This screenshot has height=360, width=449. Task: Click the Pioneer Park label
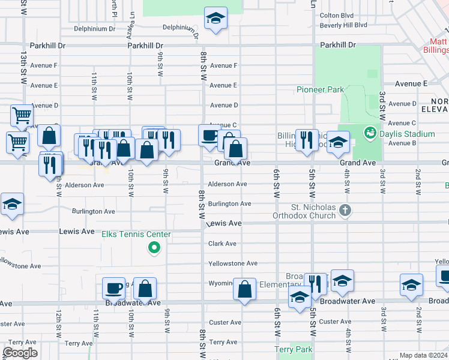(321, 90)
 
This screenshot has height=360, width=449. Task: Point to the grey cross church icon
(345, 210)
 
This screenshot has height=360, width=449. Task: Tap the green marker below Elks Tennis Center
(154, 247)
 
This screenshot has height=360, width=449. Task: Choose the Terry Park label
(294, 349)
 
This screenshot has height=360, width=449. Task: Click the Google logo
(20, 353)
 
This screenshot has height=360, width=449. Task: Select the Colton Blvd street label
(337, 16)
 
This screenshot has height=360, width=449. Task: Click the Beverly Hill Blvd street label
(343, 25)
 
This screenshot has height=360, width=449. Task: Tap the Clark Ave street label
(222, 244)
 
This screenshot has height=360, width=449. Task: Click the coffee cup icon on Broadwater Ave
(113, 288)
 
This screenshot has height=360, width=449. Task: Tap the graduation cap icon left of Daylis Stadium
(338, 143)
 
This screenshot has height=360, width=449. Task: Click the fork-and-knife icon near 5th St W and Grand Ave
(307, 140)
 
